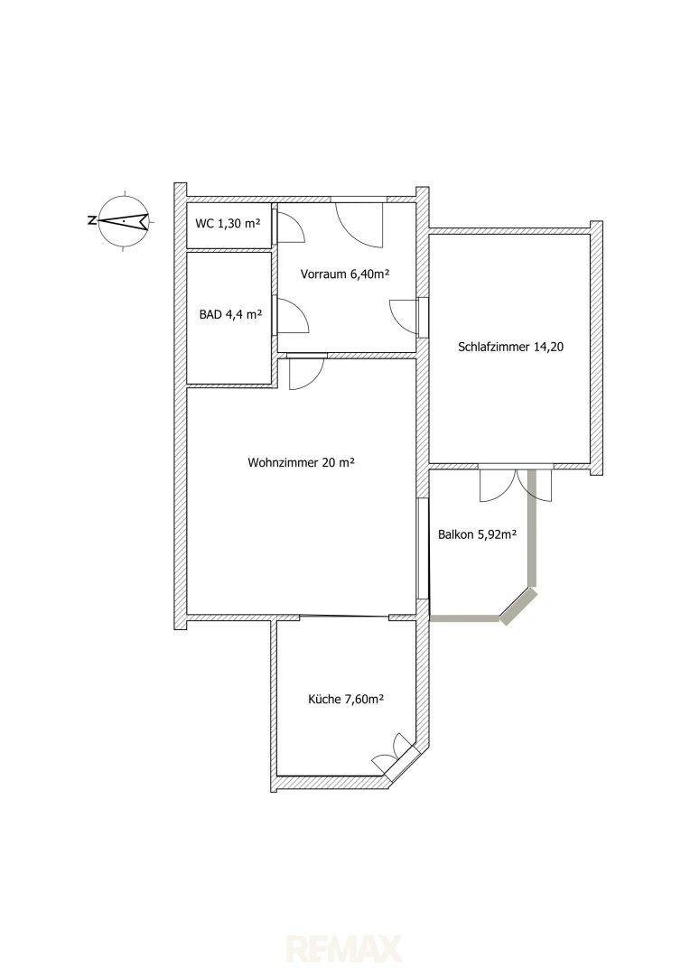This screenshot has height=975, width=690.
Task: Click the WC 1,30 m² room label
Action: click(x=227, y=224)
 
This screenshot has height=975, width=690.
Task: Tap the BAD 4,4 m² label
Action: click(x=230, y=315)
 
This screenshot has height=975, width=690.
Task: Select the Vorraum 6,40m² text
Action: click(x=345, y=274)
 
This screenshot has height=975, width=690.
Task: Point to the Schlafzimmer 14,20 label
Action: click(x=510, y=347)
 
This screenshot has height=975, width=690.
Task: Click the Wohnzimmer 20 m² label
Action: click(x=301, y=462)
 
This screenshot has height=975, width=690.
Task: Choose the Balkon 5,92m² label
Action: click(x=479, y=534)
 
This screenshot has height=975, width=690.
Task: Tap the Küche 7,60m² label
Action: click(x=345, y=700)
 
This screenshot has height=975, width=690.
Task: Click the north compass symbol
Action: click(x=125, y=221)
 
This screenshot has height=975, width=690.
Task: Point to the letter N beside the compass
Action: click(x=91, y=220)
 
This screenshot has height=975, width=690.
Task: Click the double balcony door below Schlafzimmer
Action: click(x=515, y=484)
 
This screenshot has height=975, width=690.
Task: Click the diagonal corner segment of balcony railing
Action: click(x=519, y=606)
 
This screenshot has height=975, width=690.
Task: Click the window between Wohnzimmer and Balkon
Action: click(x=423, y=549)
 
